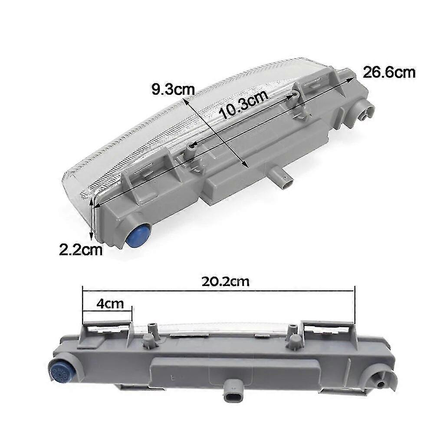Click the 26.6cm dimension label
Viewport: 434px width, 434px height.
pyautogui.click(x=389, y=72)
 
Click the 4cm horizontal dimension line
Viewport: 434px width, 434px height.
pyautogui.click(x=107, y=309)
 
